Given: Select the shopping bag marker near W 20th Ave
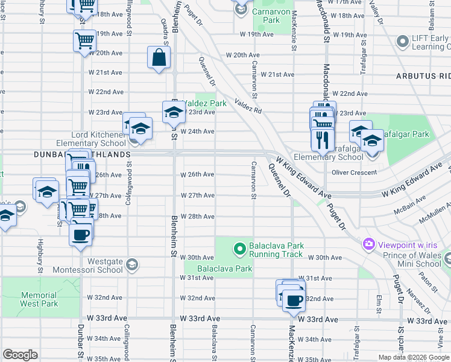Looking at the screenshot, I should click(159, 59).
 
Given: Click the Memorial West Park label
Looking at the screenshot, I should click(39, 300).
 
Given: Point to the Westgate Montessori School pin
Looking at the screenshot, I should click(132, 264).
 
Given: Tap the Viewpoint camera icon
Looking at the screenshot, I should click(368, 245).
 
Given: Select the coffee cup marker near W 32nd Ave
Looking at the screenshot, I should click(294, 300).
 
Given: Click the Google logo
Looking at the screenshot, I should click(20, 355).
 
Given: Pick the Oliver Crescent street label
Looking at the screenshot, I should click(355, 172).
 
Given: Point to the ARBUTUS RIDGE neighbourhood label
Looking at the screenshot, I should click(423, 76).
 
